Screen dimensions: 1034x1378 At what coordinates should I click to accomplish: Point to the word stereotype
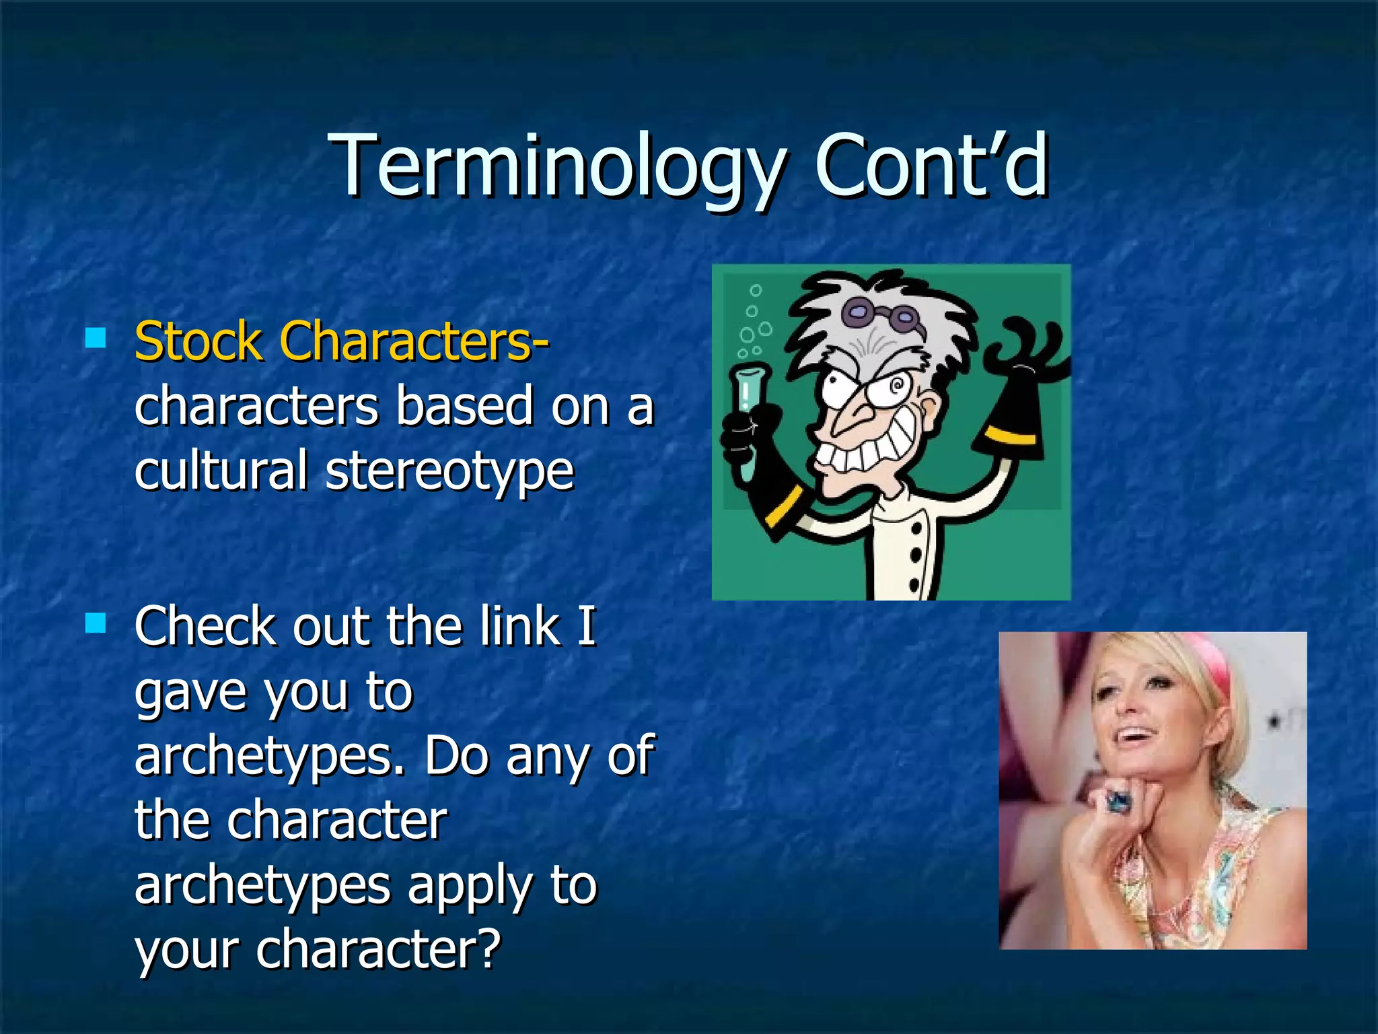tap(449, 471)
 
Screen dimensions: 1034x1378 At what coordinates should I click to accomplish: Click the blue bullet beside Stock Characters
tap(96, 337)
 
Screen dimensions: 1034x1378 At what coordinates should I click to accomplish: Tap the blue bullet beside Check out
tap(96, 623)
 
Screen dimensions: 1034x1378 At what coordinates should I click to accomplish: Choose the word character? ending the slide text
tap(378, 950)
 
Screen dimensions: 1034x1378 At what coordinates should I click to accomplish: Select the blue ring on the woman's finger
tap(1118, 801)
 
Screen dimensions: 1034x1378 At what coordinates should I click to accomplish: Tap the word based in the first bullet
tap(464, 406)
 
